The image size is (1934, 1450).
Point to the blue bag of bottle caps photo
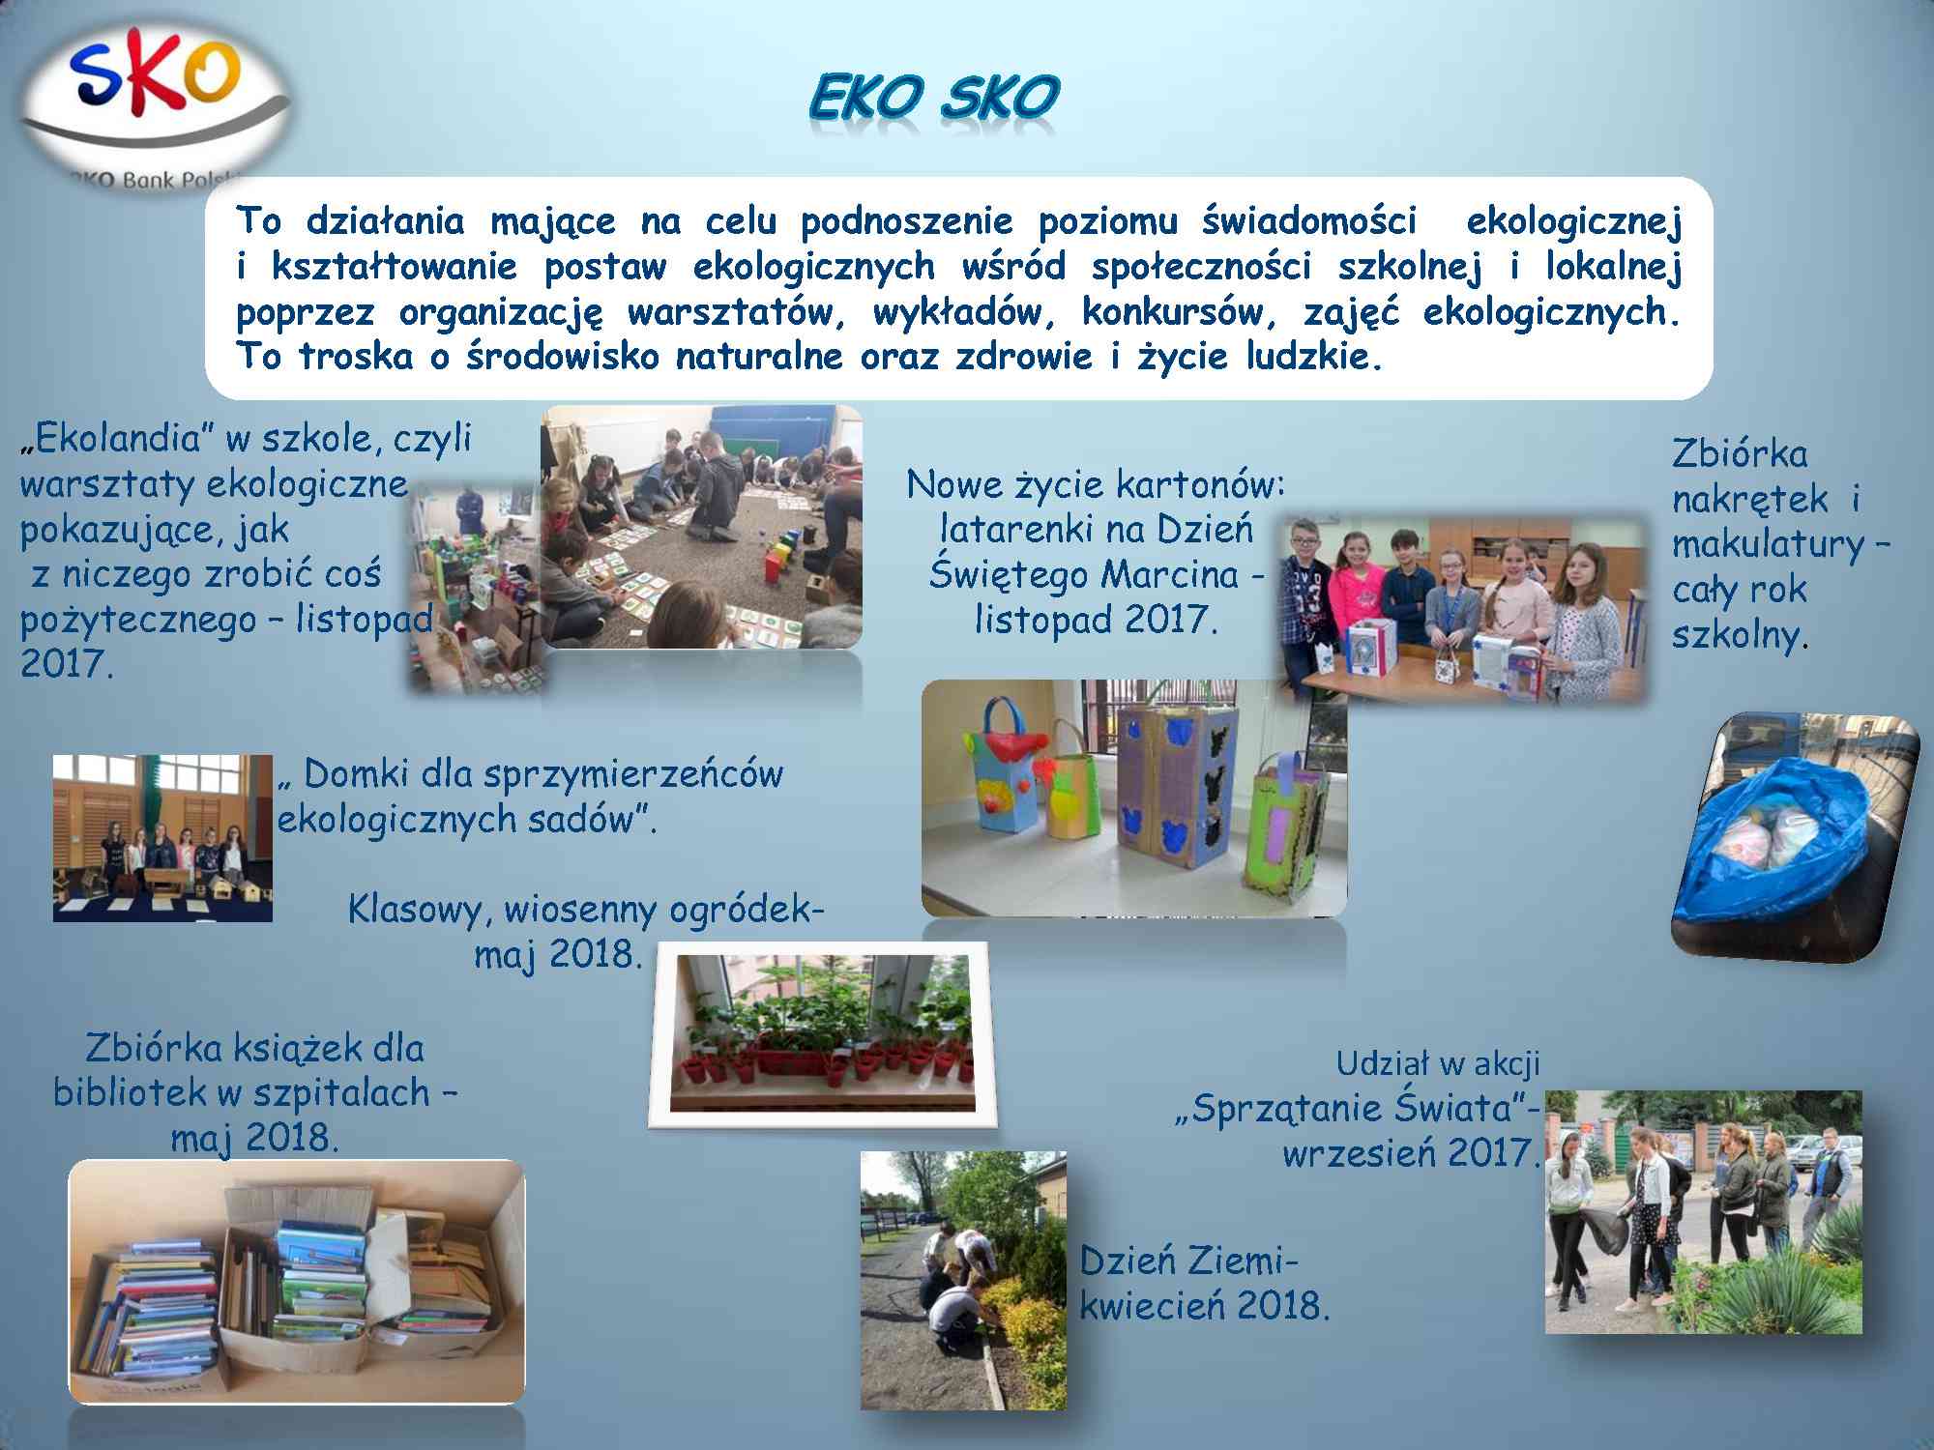pos(1795,837)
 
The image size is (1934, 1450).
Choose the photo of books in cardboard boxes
pos(296,1282)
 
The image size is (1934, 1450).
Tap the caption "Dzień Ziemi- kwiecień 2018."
pos(1205,1284)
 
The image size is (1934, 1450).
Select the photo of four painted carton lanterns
pos(1134,798)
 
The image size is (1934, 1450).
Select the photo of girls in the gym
pos(162,838)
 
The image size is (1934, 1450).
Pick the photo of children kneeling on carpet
pos(701,526)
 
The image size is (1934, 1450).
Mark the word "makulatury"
pos(1768,545)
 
